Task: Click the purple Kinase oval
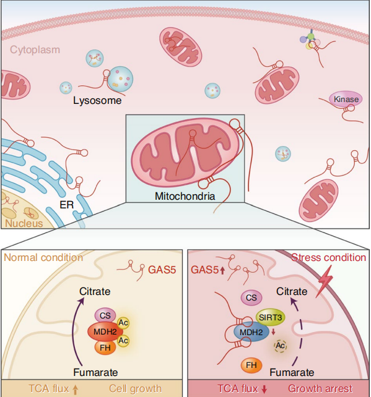click(346, 99)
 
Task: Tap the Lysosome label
click(97, 101)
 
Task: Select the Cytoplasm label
click(35, 49)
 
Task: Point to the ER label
click(67, 205)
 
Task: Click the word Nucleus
click(24, 223)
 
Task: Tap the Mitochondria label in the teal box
click(185, 196)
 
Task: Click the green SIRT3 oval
click(270, 317)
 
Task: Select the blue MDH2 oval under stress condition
click(251, 332)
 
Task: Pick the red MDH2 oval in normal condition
click(105, 331)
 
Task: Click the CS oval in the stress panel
click(251, 297)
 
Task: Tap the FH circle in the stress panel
click(251, 365)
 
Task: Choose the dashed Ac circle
click(280, 346)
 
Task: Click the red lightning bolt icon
click(325, 281)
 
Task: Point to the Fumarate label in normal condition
click(95, 372)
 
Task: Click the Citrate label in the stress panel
click(292, 291)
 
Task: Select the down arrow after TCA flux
click(264, 389)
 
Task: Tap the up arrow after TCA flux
click(75, 389)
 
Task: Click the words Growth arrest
click(320, 388)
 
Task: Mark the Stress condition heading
click(329, 257)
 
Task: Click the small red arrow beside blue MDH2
click(273, 332)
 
